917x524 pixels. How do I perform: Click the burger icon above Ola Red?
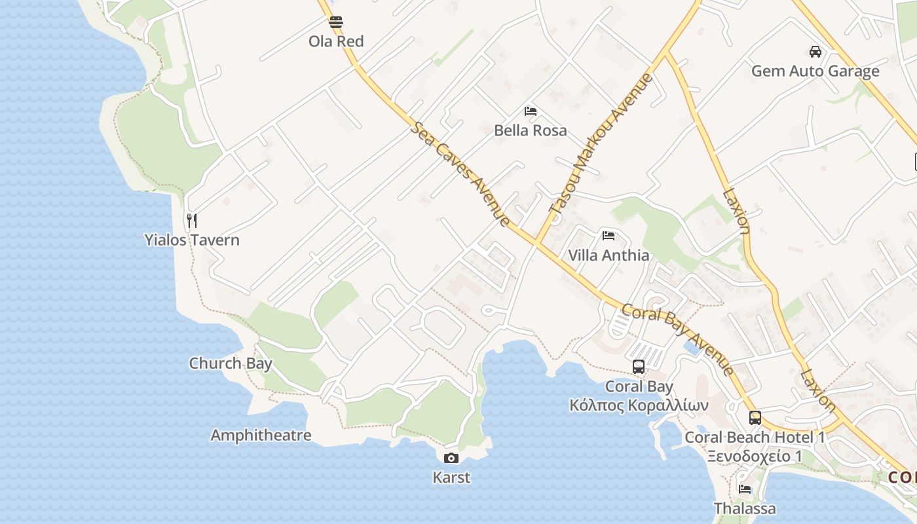(x=336, y=22)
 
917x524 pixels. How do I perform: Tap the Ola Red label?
(x=336, y=41)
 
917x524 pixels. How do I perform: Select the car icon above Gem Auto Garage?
(x=815, y=52)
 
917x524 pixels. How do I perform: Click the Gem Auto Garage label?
(x=815, y=71)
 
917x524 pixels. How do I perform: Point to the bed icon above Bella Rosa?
(x=531, y=111)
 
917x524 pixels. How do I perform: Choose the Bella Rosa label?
(x=531, y=130)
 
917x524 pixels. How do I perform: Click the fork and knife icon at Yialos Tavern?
(x=192, y=220)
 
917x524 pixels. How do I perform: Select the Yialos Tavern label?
(x=192, y=240)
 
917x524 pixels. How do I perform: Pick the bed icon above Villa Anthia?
(x=608, y=235)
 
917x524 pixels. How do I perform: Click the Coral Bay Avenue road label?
(x=677, y=339)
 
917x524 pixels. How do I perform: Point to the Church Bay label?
(x=231, y=363)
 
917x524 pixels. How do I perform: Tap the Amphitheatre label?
(x=261, y=435)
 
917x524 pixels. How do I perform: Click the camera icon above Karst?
(x=451, y=458)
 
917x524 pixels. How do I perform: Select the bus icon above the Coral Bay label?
(x=639, y=367)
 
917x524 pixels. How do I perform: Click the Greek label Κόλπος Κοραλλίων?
(x=639, y=405)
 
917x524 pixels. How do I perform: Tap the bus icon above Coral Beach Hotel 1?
(x=755, y=417)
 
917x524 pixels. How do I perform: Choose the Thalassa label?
(x=745, y=508)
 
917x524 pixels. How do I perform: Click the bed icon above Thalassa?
(x=745, y=489)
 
